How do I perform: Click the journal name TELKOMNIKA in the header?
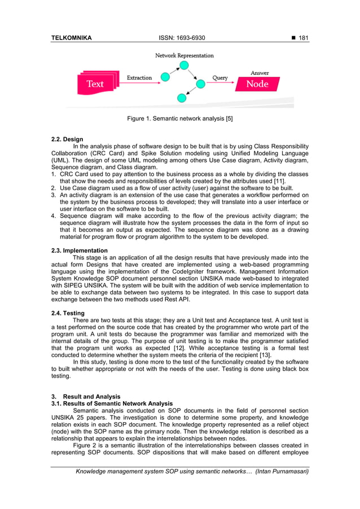(x=71, y=38)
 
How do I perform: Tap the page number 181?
(x=302, y=38)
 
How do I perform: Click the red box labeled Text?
(x=95, y=84)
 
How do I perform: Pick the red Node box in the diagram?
(x=257, y=84)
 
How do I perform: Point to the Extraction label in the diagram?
(x=139, y=77)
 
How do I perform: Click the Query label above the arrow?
(x=220, y=77)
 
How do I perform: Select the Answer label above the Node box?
(x=260, y=73)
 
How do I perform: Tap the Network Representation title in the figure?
(x=185, y=55)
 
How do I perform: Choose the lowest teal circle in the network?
(x=181, y=98)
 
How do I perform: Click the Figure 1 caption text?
(x=180, y=119)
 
